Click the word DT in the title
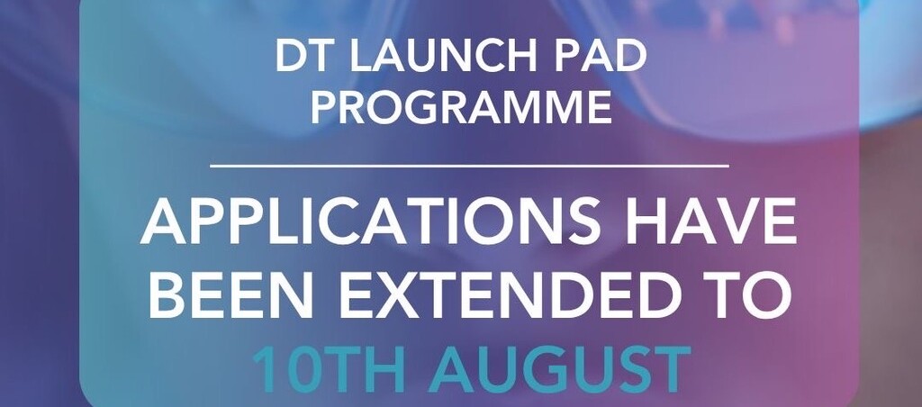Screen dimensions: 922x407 [300, 58]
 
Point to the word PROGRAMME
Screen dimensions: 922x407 [462, 108]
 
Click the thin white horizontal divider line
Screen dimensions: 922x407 [469, 167]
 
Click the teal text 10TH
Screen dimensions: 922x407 [330, 367]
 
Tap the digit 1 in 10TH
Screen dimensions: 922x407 [263, 368]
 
